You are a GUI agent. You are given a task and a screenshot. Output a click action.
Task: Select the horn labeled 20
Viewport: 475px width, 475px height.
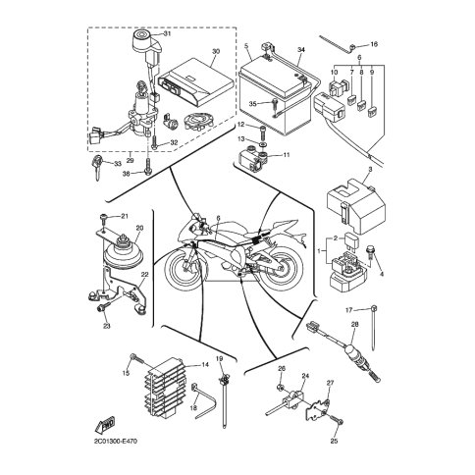121,252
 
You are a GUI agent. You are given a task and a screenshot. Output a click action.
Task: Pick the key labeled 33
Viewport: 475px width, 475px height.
97,167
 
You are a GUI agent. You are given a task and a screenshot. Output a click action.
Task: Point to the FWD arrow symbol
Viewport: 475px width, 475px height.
105,425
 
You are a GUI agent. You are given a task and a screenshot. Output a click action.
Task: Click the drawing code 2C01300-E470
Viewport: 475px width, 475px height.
116,442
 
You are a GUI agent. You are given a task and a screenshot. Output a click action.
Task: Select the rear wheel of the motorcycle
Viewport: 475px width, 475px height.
281,269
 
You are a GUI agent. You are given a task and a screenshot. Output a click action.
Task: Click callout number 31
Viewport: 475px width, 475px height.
167,33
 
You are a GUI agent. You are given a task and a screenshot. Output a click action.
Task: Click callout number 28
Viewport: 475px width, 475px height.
354,325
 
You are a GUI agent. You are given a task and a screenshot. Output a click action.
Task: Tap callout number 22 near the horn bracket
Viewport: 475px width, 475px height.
144,274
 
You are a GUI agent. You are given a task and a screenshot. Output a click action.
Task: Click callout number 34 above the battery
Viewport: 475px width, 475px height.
301,50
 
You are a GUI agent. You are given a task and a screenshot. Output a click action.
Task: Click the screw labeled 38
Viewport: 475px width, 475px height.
148,166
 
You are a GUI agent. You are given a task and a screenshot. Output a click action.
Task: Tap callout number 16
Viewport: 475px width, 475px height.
374,44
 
